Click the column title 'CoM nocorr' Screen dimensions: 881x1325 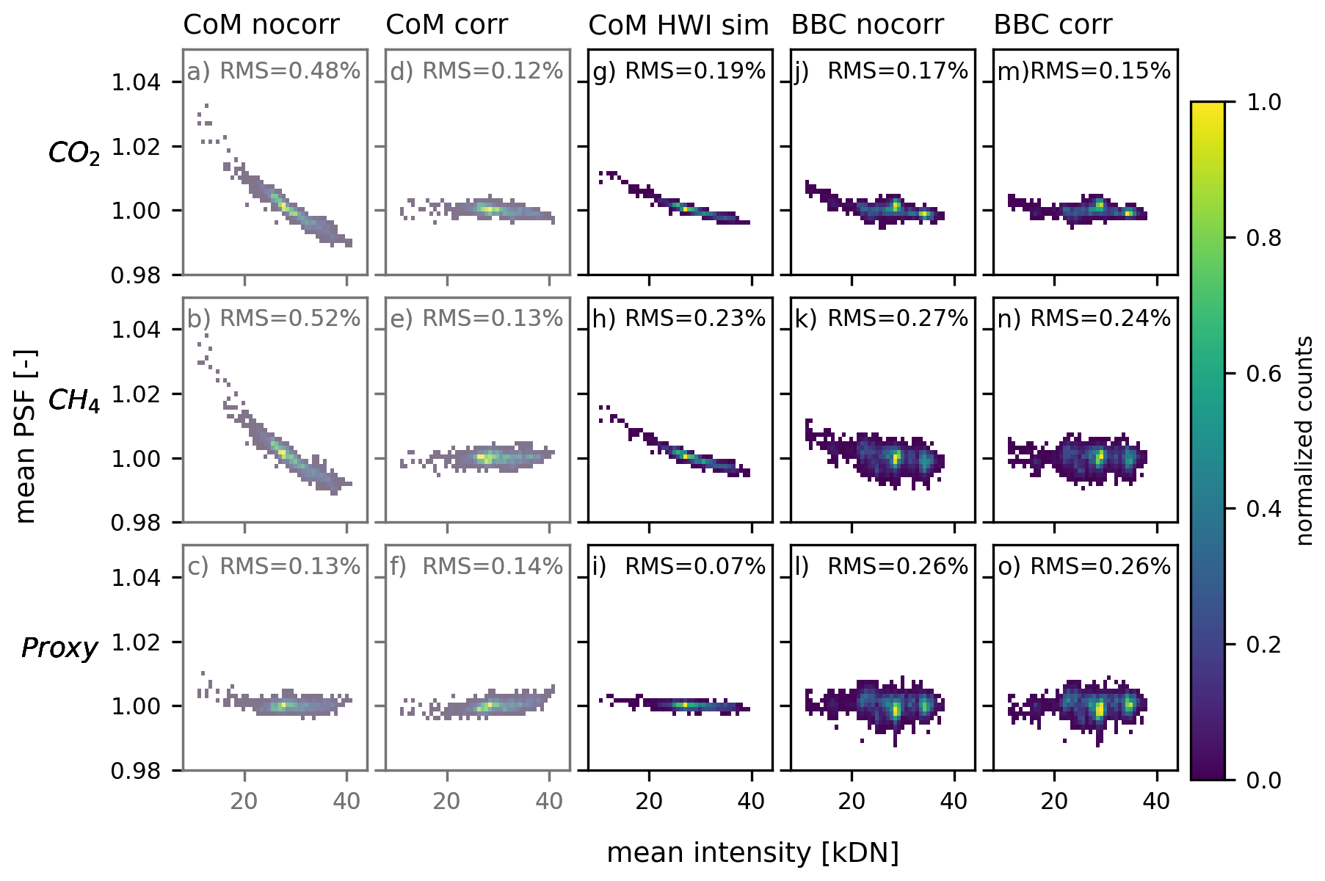click(261, 25)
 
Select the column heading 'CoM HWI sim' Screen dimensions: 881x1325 click(678, 25)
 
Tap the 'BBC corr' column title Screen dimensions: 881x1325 click(1053, 25)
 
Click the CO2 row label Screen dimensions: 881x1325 click(73, 153)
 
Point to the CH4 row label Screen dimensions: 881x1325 click(73, 401)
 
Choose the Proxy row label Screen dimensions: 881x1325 click(59, 648)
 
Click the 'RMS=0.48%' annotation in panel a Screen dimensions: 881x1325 click(290, 71)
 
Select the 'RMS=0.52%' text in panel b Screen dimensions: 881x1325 click(290, 319)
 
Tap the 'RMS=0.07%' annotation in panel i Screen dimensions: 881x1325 click(695, 567)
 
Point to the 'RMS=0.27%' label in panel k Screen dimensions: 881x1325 click(898, 319)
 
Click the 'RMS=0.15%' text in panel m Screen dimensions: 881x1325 click(1100, 71)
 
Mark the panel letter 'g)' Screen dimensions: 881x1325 click(604, 72)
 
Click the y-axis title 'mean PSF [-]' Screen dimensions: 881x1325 click(26, 436)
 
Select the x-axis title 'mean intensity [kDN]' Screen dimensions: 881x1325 click(752, 853)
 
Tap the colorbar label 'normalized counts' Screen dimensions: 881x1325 click(1304, 440)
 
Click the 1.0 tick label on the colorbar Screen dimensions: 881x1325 click(1264, 102)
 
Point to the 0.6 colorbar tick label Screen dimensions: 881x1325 click(1264, 374)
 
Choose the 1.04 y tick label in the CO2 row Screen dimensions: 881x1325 click(136, 82)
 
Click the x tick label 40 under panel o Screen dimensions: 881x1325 click(1156, 800)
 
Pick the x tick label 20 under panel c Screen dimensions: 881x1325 click(244, 800)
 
